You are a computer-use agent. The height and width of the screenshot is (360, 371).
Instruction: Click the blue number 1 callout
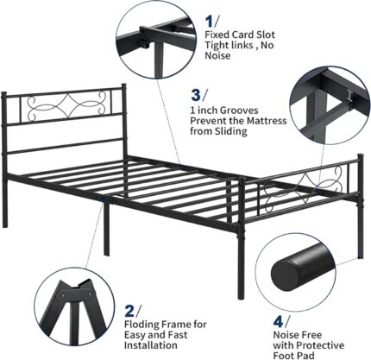tap(210, 22)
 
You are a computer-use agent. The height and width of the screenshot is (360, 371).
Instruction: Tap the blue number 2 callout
tap(129, 312)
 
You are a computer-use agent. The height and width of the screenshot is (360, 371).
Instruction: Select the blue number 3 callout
tap(196, 95)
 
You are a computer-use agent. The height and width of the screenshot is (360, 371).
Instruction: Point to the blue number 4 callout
tap(279, 322)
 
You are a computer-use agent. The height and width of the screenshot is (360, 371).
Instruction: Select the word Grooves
tap(239, 111)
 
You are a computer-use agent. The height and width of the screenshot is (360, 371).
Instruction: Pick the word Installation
tap(151, 345)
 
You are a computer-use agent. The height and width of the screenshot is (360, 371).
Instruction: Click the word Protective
tap(320, 345)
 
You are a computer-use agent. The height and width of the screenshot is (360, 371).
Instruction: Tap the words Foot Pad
tap(293, 356)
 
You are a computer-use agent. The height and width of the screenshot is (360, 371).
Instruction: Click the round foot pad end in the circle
tap(284, 273)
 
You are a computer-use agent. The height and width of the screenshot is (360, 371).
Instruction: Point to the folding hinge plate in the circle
tap(77, 294)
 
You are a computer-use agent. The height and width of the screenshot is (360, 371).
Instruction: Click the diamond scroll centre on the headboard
tap(67, 105)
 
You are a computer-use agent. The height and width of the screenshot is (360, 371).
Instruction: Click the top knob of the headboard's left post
tap(3, 94)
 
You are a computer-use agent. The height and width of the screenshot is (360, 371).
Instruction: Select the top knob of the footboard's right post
tap(360, 156)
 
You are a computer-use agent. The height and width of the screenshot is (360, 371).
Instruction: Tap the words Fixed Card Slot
tap(240, 35)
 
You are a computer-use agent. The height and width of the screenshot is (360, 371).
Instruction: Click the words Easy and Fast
tap(155, 335)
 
